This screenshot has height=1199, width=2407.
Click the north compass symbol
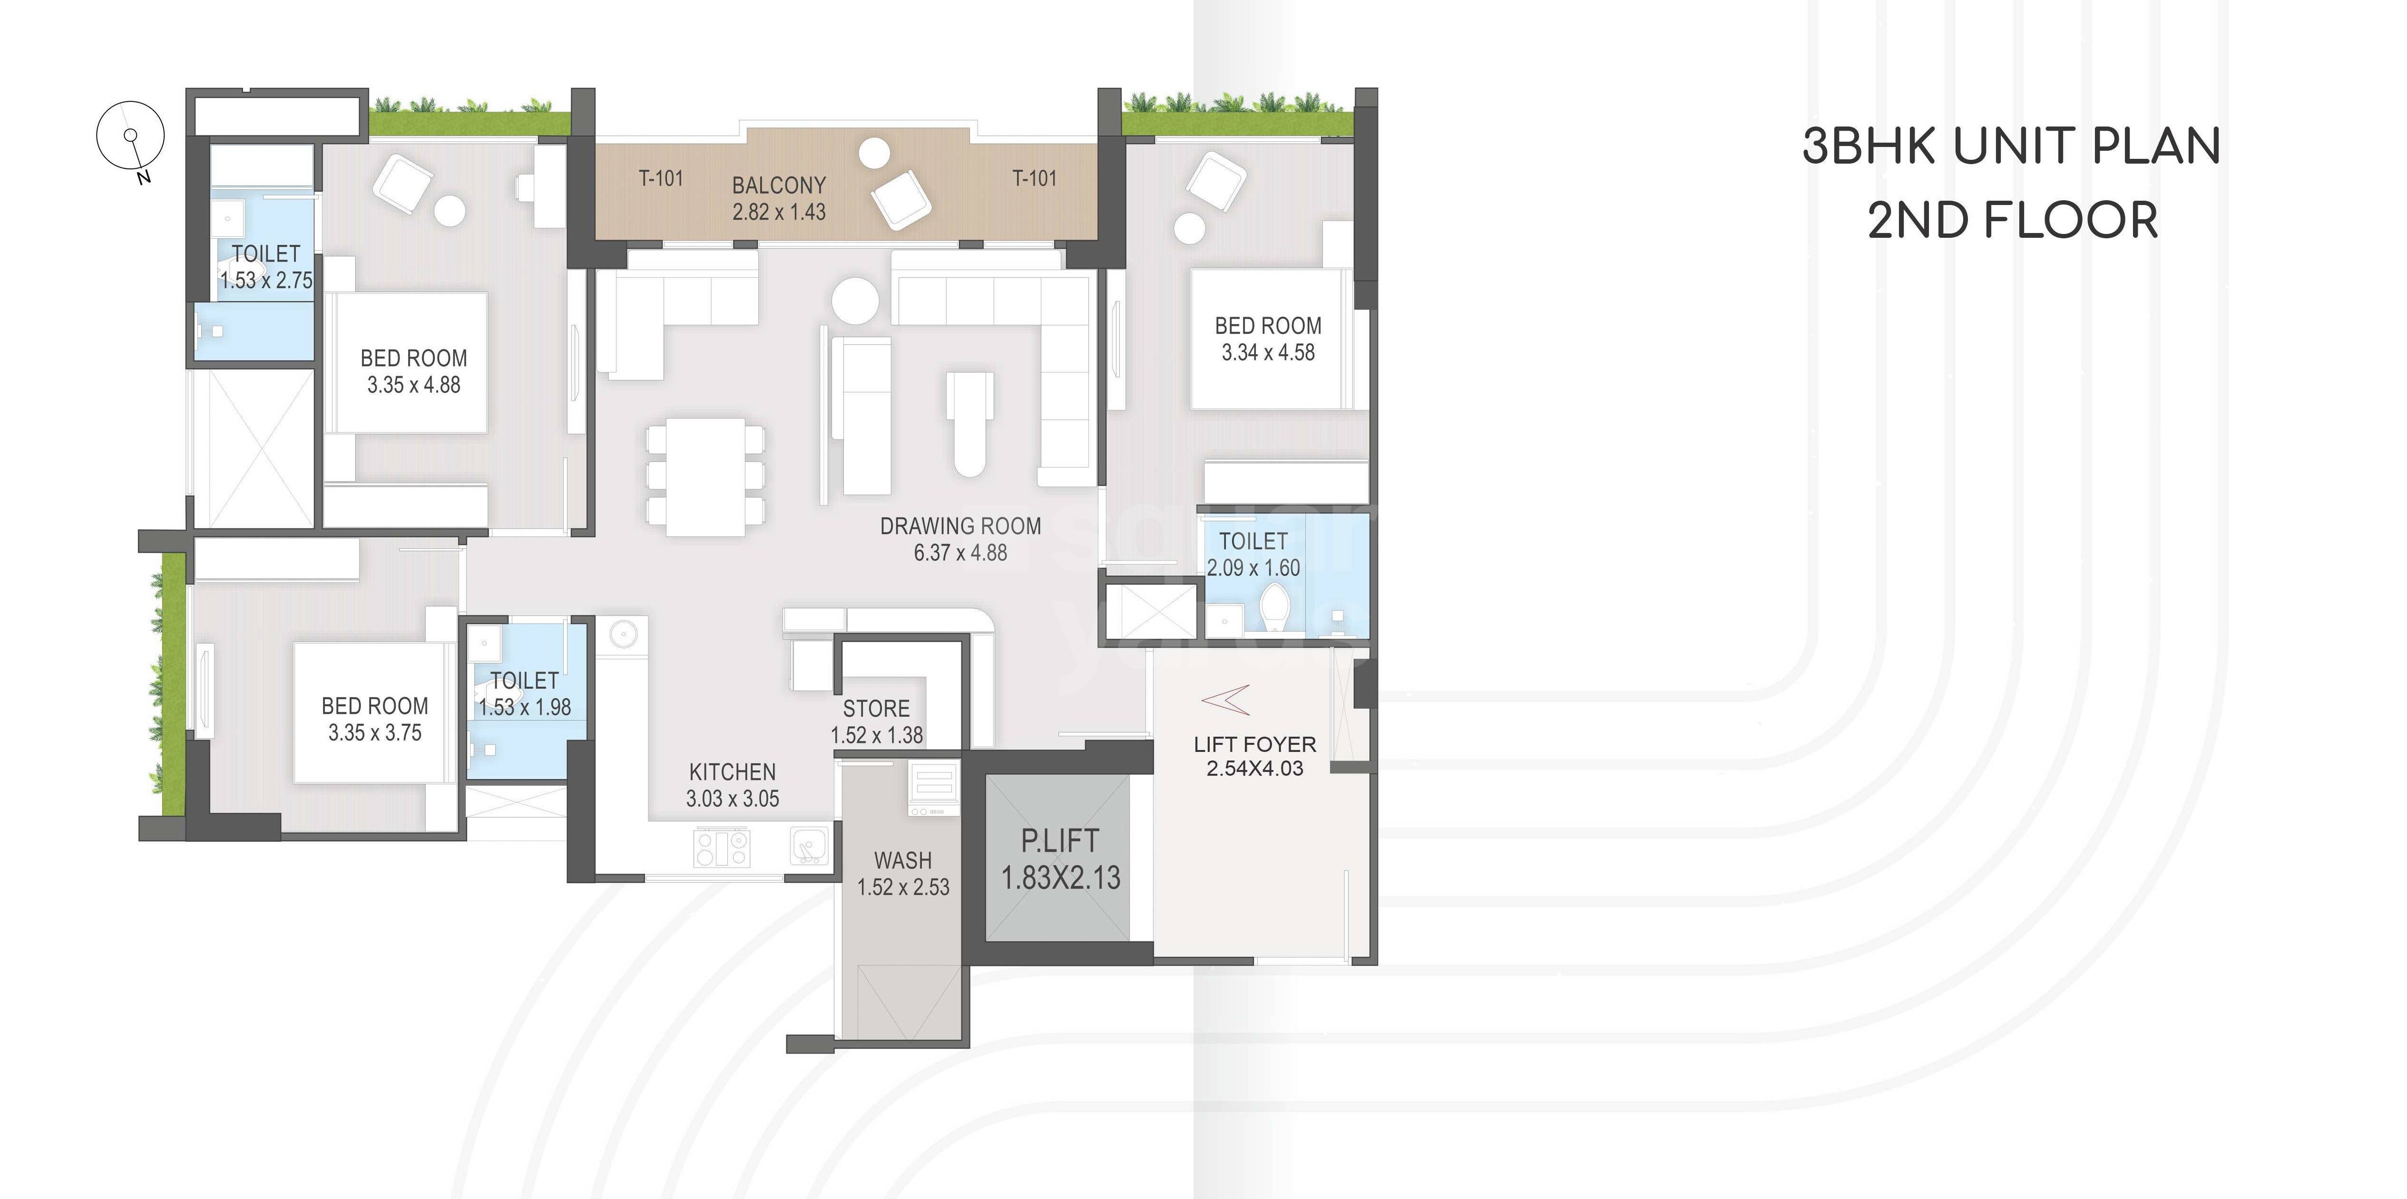(131, 136)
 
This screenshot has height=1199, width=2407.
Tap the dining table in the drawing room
(705, 477)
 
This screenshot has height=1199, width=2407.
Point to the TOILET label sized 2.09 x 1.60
(1253, 541)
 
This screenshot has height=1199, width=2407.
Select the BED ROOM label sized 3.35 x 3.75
(375, 706)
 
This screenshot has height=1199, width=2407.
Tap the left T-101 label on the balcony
(660, 178)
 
